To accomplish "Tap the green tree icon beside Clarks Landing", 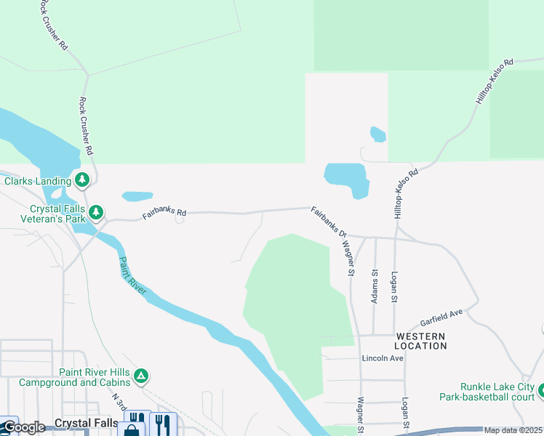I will pyautogui.click(x=82, y=179).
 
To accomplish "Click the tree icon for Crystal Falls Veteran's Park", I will pyautogui.click(x=96, y=213).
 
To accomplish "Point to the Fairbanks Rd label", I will pyautogui.click(x=164, y=214).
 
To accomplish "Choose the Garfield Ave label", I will pyautogui.click(x=441, y=318).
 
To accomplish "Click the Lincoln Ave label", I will pyautogui.click(x=383, y=358).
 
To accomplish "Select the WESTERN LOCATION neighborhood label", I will pyautogui.click(x=420, y=341).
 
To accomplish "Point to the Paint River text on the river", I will pyautogui.click(x=133, y=275).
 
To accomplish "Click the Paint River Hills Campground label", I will pyautogui.click(x=74, y=377).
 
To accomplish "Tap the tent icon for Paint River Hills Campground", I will pyautogui.click(x=141, y=376).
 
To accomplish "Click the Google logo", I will pyautogui.click(x=24, y=427).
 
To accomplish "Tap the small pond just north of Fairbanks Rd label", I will pyautogui.click(x=137, y=196).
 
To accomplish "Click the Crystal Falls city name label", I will pyautogui.click(x=87, y=423).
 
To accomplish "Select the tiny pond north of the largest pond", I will pyautogui.click(x=377, y=134).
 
